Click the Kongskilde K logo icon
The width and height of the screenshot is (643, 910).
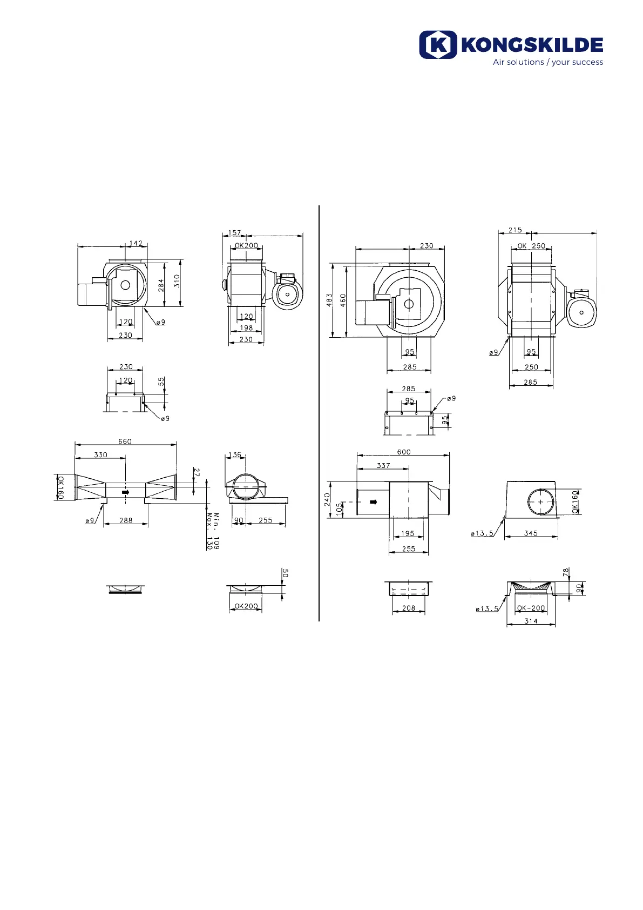pos(438,45)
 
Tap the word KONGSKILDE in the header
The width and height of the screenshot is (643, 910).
pos(532,45)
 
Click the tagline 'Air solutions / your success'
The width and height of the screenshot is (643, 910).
pos(548,62)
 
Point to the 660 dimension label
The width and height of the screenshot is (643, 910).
pos(125,441)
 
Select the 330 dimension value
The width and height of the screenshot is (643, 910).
pos(100,454)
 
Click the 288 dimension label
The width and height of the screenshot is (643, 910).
pos(126,520)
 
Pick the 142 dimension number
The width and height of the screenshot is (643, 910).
pos(136,243)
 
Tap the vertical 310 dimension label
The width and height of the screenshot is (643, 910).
pos(177,280)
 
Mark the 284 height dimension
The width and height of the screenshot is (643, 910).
pos(161,285)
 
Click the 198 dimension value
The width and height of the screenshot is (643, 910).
pos(246,328)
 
